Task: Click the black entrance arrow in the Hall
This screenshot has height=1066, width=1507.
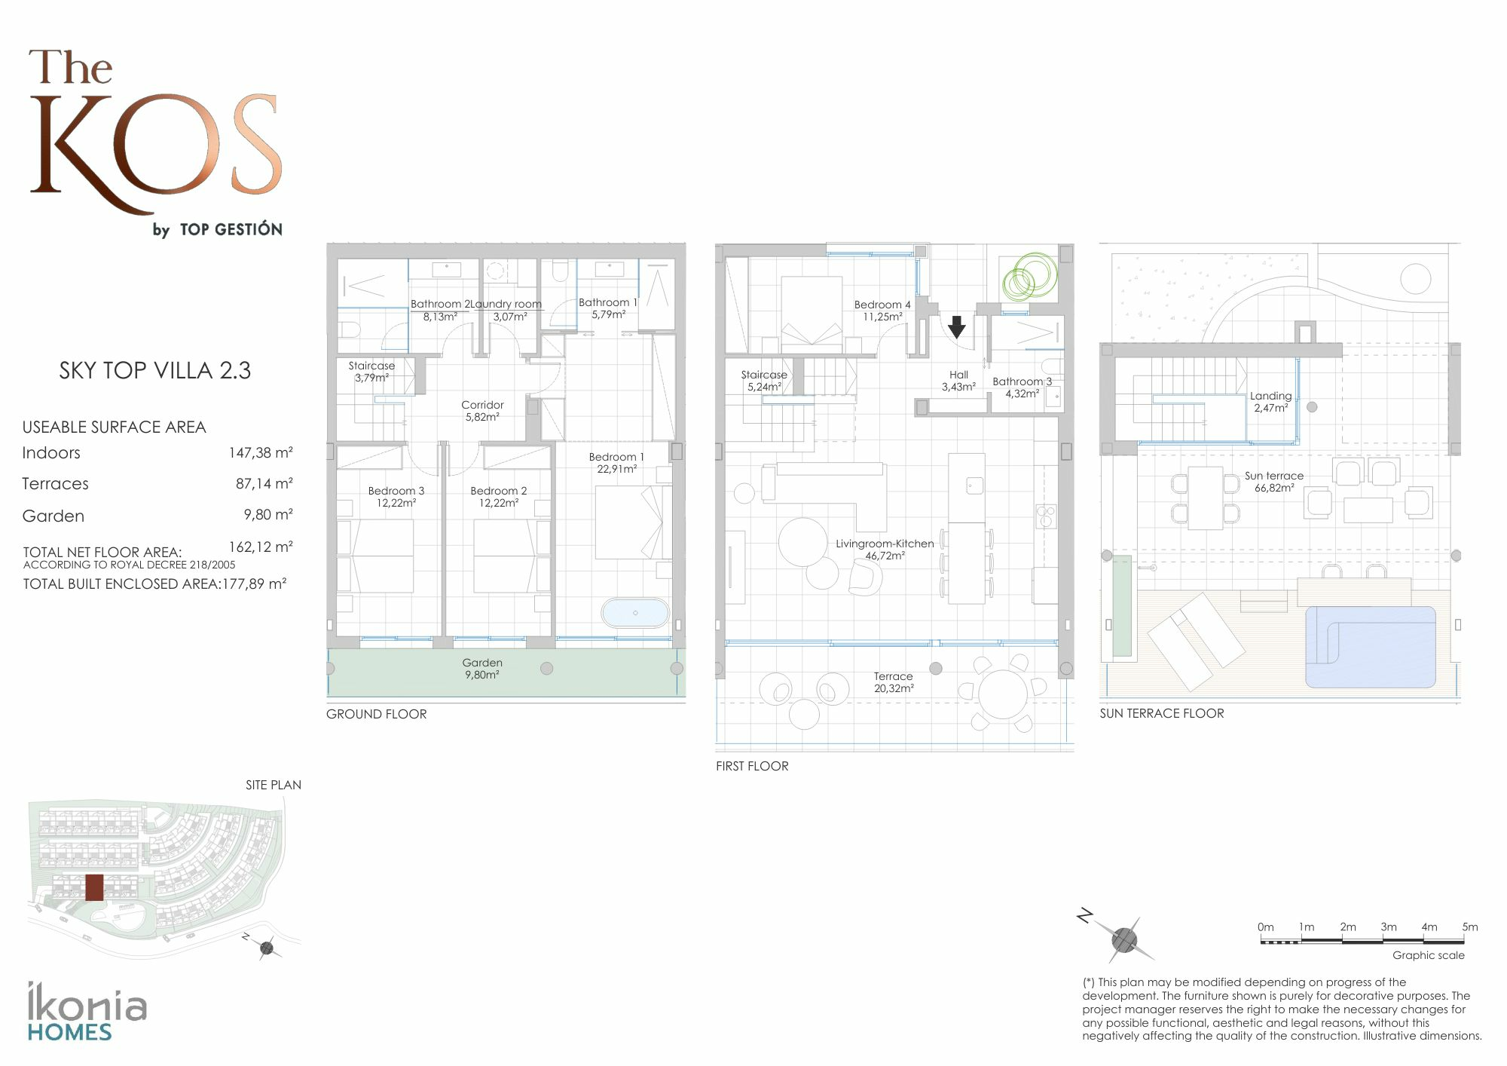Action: coord(956,326)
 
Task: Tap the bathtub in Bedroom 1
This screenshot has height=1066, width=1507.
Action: coord(635,613)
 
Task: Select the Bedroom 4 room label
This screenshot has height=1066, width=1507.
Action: coord(882,311)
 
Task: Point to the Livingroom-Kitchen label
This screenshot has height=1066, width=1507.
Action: coord(885,550)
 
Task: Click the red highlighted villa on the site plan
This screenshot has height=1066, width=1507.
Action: coord(94,887)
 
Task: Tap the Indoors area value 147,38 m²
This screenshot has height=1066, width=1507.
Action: coord(261,453)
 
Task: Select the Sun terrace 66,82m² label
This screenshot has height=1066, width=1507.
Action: coord(1274,482)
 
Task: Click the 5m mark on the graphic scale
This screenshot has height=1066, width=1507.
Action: coord(1469,927)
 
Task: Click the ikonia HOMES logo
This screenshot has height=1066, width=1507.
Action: coord(87,1012)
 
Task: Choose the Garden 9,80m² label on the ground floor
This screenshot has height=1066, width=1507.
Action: coord(482,669)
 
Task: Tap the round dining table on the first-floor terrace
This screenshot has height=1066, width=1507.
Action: coord(1002,693)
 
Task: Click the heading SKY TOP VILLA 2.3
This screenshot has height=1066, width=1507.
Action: coord(155,370)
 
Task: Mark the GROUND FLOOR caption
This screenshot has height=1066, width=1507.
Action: coord(376,714)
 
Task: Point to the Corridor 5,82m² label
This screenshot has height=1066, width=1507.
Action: coord(482,411)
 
